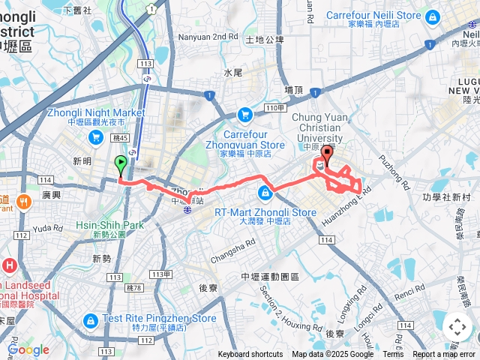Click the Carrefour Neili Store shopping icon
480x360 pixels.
point(432,16)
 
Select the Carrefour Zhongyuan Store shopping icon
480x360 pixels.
point(244,115)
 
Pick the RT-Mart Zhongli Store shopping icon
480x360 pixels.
point(264,191)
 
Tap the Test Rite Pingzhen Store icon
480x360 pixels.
point(91,321)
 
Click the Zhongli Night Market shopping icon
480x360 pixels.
point(95,136)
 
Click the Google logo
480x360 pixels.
point(28,349)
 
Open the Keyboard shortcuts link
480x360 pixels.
point(250,355)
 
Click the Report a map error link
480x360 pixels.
point(444,355)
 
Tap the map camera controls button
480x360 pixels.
point(457,327)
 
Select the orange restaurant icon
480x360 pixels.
point(24,201)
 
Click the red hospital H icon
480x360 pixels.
point(8,265)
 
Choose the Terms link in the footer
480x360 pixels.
point(393,355)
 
